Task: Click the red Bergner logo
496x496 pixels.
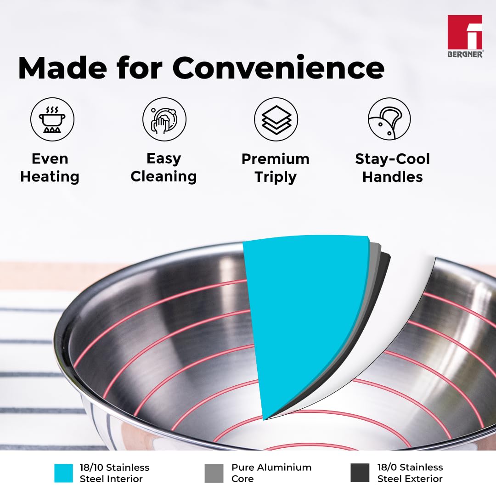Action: [x=465, y=36]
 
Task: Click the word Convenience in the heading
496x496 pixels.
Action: [x=278, y=68]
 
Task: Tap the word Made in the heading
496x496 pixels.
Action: [x=62, y=68]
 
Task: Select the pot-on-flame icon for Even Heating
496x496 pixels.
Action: [x=52, y=119]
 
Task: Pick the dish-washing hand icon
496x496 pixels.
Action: [x=164, y=119]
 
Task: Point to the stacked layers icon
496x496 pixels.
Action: [x=276, y=119]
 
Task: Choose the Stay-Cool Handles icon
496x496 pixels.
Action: [x=389, y=119]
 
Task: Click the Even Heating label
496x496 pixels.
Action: [x=50, y=168]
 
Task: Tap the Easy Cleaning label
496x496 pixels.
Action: [x=163, y=168]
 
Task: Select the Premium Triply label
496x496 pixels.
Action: [x=276, y=168]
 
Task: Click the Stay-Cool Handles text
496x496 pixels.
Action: [x=393, y=168]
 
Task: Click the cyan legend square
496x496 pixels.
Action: [x=63, y=473]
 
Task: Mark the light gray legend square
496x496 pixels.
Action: [x=214, y=473]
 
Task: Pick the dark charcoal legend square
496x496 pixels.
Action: [x=360, y=473]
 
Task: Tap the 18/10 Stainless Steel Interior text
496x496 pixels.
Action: [x=114, y=473]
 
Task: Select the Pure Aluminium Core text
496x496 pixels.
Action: [x=271, y=473]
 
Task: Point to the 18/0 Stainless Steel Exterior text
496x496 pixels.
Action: [x=410, y=473]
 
